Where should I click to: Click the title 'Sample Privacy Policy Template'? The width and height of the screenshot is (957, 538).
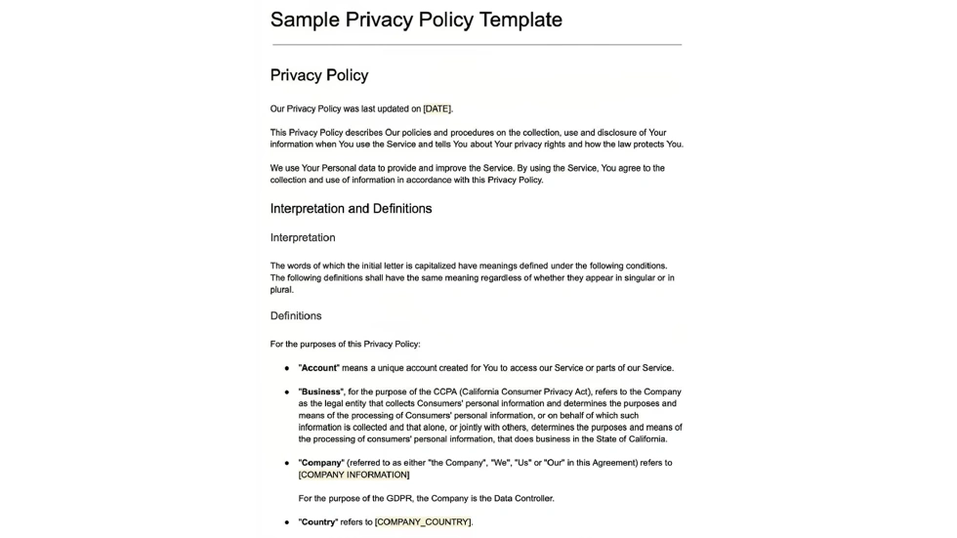[416, 20]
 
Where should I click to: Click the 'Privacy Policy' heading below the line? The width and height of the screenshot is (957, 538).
[319, 75]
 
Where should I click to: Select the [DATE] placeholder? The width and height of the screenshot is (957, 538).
[437, 109]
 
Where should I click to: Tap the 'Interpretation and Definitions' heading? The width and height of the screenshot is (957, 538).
[351, 209]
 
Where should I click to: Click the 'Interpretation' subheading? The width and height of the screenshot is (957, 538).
[303, 237]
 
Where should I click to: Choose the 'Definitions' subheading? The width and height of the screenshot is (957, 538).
[296, 315]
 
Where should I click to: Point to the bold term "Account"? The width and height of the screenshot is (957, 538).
[318, 368]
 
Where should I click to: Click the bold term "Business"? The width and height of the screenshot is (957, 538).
[321, 392]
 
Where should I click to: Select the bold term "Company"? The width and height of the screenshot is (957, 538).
[321, 463]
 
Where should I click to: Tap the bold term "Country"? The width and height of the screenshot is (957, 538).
[318, 522]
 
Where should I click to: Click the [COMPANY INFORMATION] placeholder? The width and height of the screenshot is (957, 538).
[354, 475]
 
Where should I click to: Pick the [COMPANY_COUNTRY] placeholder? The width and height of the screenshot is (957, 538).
[423, 522]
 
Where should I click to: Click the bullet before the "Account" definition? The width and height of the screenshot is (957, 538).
[287, 369]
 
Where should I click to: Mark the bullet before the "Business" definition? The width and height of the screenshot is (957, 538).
[287, 393]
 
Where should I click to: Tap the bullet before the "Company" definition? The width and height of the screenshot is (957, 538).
[287, 464]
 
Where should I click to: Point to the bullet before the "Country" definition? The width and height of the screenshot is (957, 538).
[287, 523]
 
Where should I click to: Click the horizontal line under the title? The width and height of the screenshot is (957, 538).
[477, 45]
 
